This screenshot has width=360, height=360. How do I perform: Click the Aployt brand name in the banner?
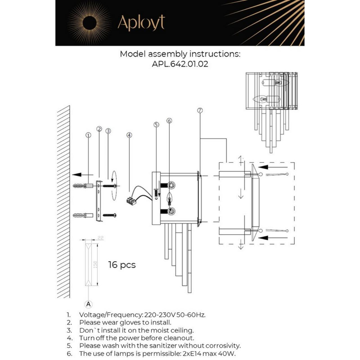click(141, 23)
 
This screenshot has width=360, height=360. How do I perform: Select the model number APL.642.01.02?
click(180, 64)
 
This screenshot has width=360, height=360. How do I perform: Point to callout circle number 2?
click(99, 129)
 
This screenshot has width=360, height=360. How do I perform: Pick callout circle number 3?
click(108, 131)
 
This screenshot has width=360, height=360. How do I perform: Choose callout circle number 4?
click(129, 135)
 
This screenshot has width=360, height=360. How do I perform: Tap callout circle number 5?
click(156, 125)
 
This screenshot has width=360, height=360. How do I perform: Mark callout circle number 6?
click(169, 121)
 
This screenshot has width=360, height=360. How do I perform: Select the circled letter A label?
click(88, 303)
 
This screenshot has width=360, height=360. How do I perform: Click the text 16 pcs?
click(122, 265)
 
